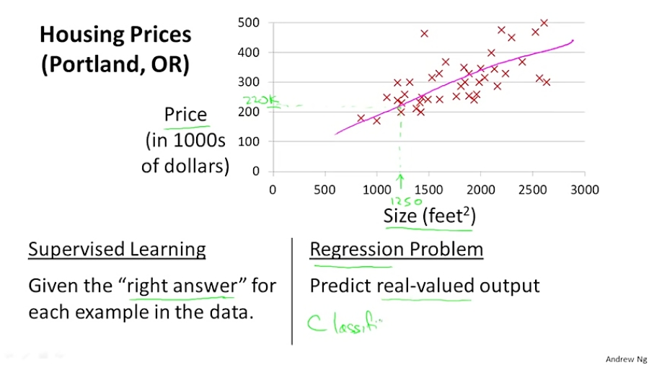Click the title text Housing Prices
(x=115, y=34)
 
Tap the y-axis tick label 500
(x=248, y=23)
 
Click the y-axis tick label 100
(x=248, y=141)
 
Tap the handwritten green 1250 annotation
(x=407, y=201)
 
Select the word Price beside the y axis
(x=185, y=115)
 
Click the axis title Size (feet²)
(x=430, y=216)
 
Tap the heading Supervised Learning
(x=117, y=250)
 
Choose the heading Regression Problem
(x=396, y=250)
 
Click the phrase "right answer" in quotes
(x=181, y=286)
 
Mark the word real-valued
(x=425, y=286)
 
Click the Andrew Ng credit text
(x=624, y=357)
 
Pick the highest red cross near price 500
(x=544, y=23)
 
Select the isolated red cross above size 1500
(x=424, y=33)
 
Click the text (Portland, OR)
(x=115, y=64)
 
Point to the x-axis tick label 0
(x=273, y=189)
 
